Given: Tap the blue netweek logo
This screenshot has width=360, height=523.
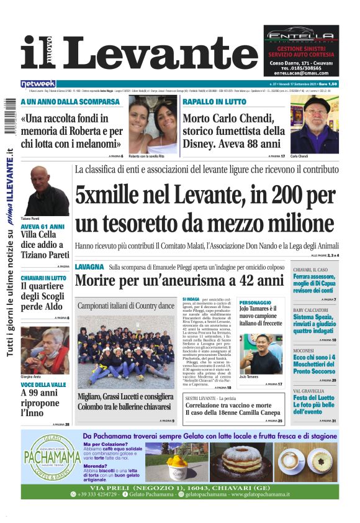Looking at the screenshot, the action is click(x=38, y=83).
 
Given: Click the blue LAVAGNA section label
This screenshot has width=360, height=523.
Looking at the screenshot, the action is click(x=89, y=266).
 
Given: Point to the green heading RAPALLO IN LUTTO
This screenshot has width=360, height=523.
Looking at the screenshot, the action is click(x=215, y=101).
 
